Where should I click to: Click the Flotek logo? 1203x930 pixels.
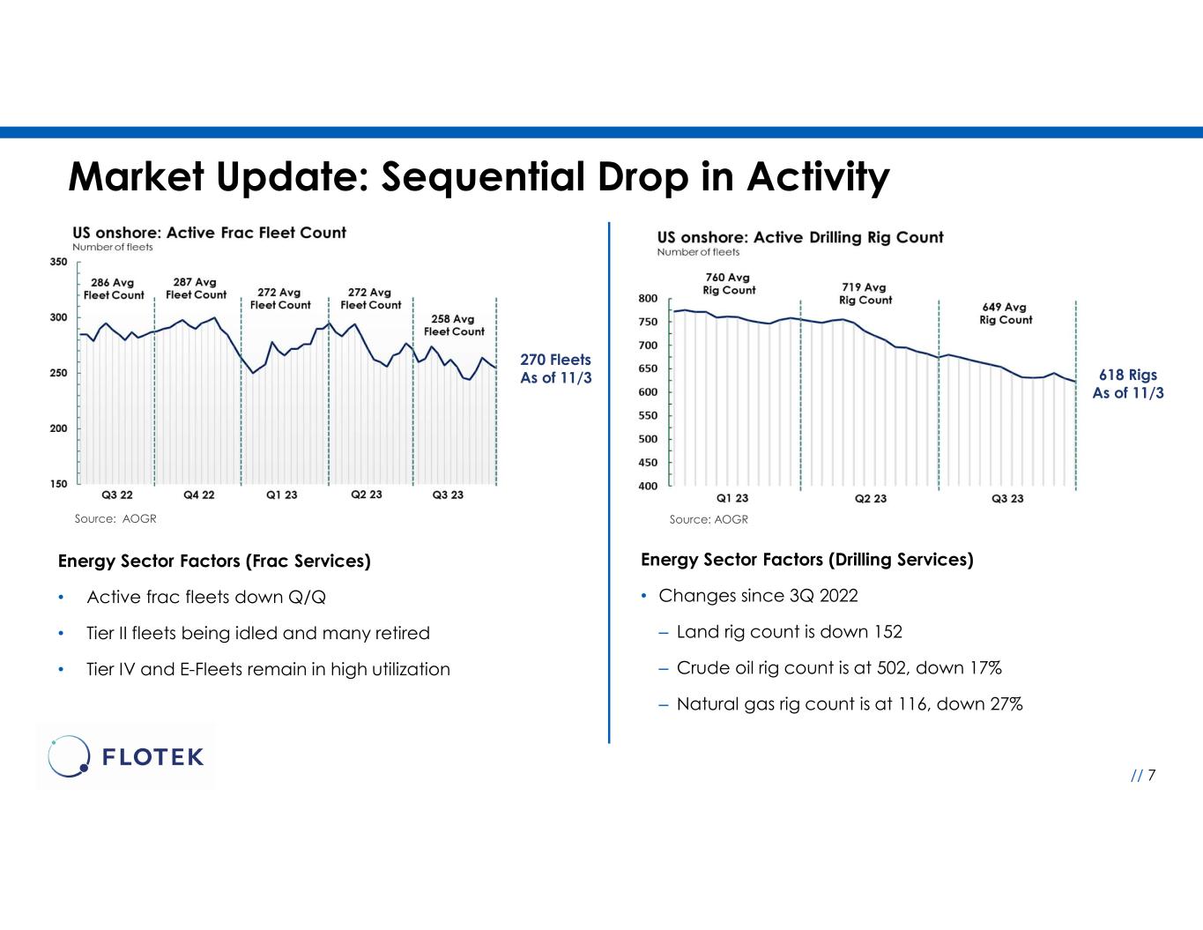[126, 756]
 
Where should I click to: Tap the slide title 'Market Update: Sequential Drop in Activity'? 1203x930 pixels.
[479, 176]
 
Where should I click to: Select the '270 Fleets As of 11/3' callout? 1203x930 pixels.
[555, 368]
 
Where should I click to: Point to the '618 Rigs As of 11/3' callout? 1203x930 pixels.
[1128, 384]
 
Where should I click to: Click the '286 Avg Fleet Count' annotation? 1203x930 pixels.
[114, 289]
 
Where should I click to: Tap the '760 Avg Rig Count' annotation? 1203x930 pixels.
[729, 284]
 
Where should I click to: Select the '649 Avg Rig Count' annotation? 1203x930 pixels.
[1006, 314]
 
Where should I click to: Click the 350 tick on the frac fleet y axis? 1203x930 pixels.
[59, 262]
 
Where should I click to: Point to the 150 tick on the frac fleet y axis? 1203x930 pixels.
[59, 484]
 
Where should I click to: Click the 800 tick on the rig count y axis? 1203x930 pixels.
[648, 299]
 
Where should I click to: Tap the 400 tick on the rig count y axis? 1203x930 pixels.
[648, 486]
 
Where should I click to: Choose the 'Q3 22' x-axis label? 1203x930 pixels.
[117, 495]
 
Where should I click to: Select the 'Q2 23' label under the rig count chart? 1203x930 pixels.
[871, 499]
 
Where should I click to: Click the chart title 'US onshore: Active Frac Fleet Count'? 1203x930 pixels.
[209, 233]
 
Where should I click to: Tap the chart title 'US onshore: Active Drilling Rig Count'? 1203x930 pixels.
[800, 237]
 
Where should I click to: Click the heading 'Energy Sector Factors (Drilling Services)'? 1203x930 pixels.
[806, 560]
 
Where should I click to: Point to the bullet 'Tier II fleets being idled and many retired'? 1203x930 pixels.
[258, 633]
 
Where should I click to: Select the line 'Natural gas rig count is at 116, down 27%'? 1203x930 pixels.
[849, 703]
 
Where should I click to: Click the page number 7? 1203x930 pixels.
[1151, 775]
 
